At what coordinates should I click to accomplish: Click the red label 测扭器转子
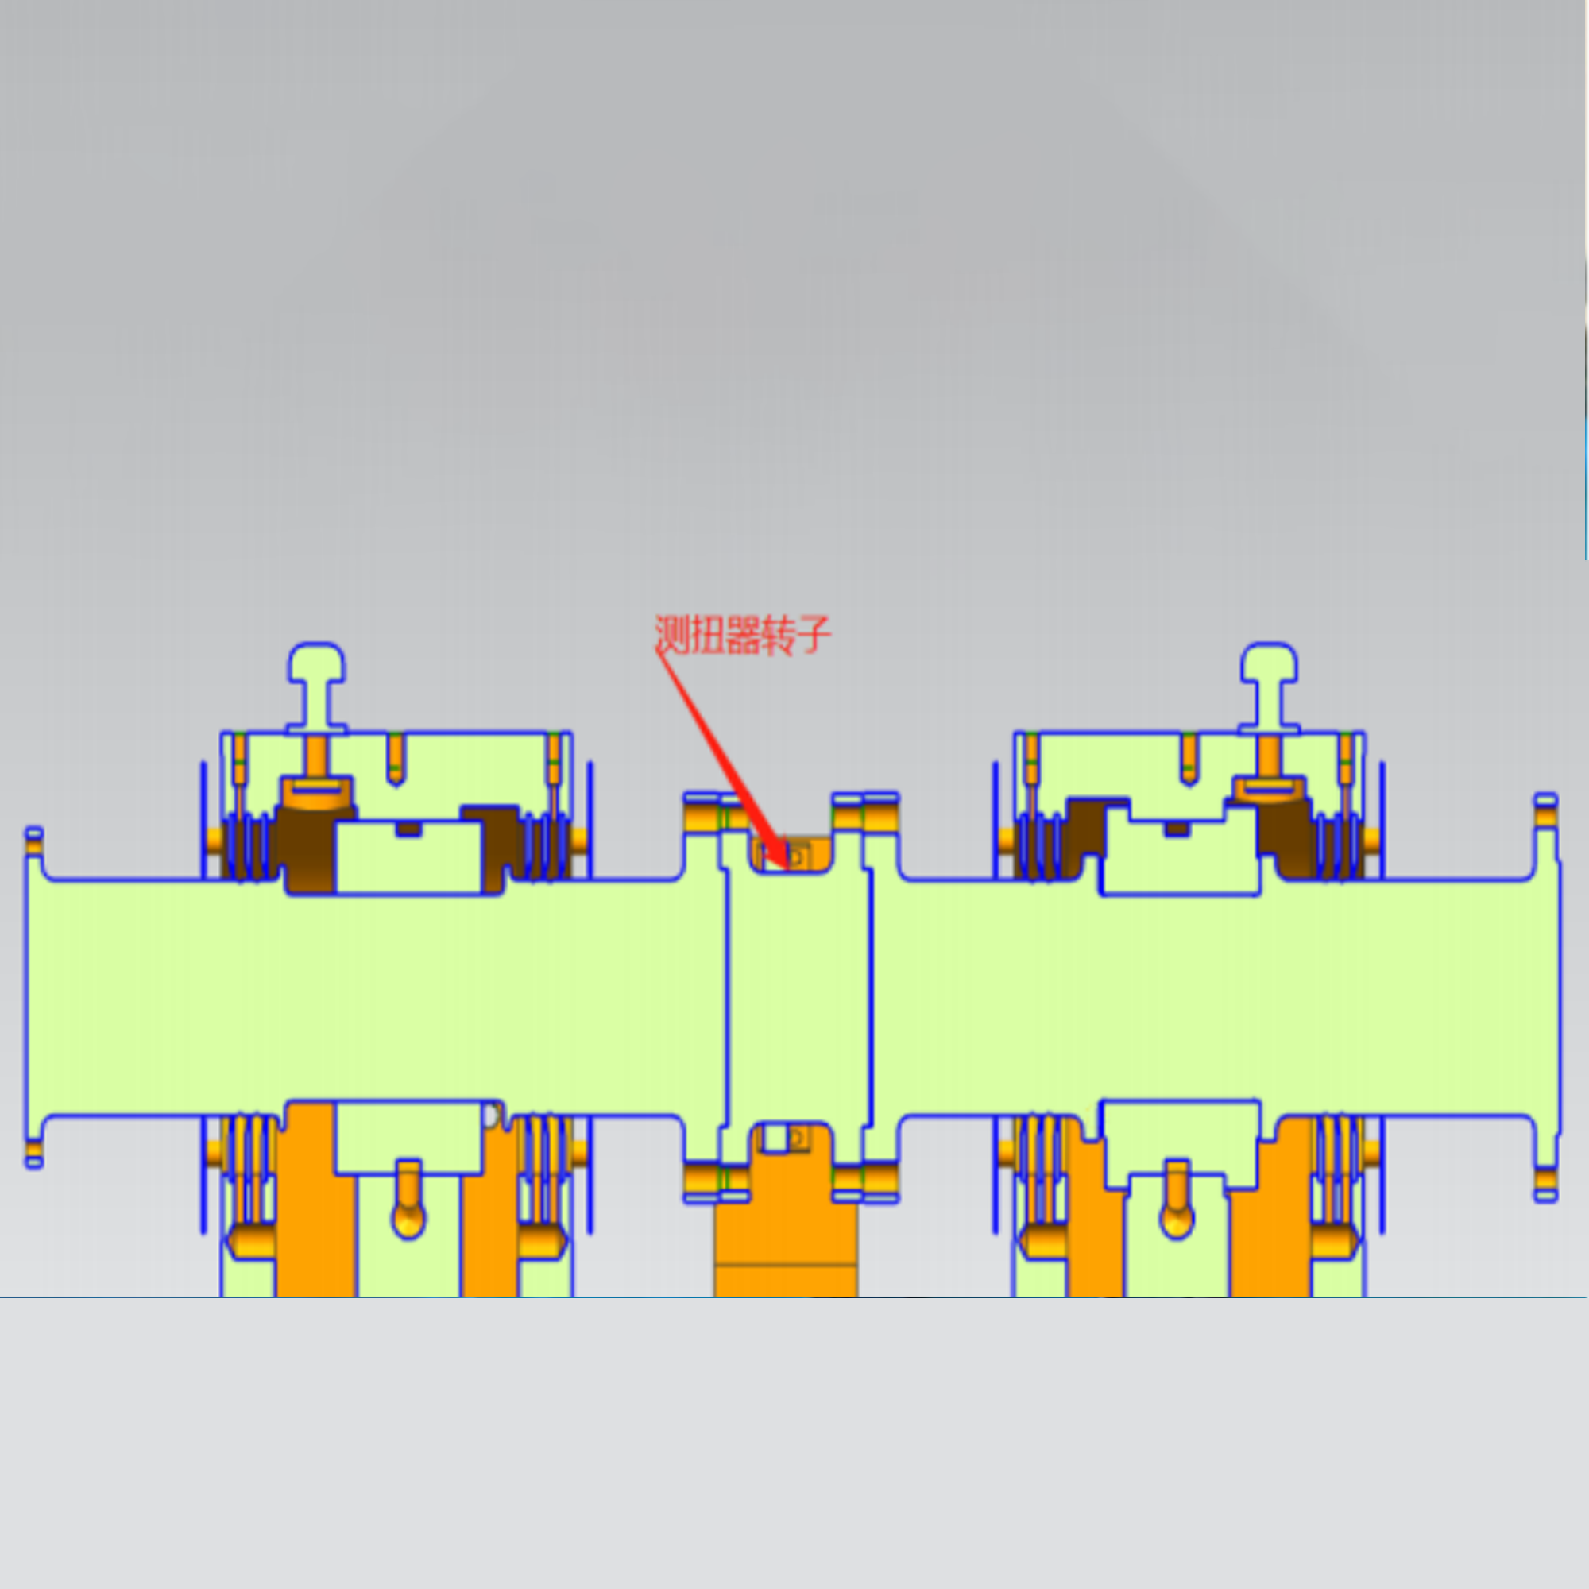point(743,635)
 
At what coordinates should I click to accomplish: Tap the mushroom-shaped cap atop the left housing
point(317,687)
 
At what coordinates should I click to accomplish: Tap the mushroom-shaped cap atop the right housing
point(1269,687)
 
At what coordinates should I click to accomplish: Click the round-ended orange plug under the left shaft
point(408,1200)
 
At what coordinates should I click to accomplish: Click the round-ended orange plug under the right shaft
point(1177,1200)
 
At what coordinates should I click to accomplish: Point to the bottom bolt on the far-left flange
point(33,1153)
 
